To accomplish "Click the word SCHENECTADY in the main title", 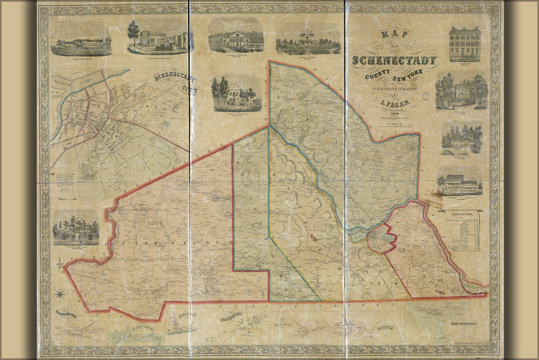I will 394,60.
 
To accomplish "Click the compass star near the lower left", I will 60,295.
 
